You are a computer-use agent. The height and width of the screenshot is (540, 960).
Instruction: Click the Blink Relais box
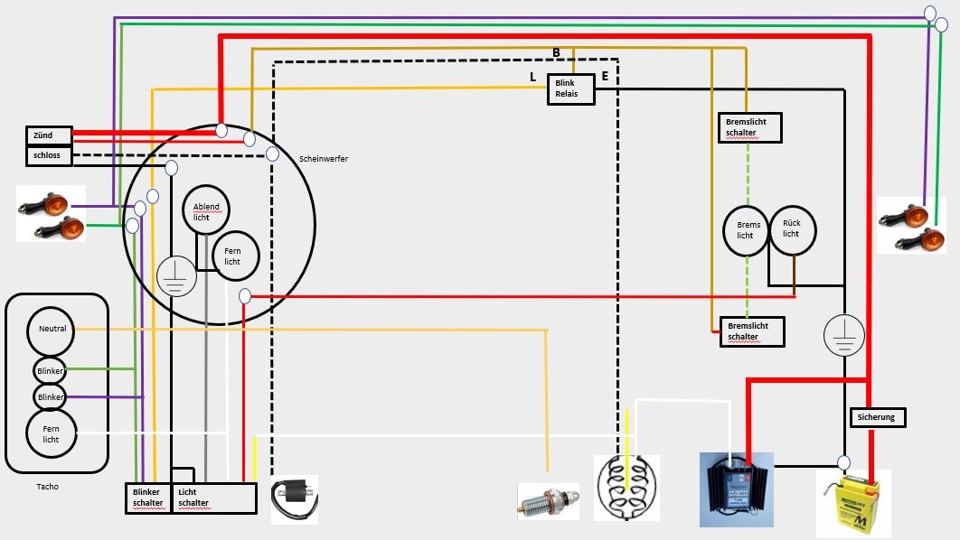571,89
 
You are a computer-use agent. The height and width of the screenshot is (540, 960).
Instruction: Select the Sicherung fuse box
878,417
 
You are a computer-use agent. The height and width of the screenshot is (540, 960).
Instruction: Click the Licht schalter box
213,498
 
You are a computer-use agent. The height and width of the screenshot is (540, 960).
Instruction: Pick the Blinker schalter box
147,498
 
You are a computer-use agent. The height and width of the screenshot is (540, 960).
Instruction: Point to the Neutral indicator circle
52,330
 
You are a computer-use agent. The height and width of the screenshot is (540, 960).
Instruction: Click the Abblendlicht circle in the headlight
206,211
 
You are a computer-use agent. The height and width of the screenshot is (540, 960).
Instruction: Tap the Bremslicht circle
747,229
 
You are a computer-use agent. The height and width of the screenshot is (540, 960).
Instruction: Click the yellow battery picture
853,505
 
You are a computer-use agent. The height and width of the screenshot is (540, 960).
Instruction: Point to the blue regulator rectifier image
737,489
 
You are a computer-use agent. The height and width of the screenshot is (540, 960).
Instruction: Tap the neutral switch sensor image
548,500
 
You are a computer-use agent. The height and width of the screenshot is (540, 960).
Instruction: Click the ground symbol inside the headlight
176,276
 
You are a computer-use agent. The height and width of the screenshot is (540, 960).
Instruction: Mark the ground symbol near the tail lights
843,334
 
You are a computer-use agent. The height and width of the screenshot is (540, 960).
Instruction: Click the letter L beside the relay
533,78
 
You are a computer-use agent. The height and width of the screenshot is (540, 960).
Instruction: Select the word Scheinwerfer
324,159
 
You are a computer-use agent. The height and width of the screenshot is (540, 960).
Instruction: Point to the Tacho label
48,487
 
